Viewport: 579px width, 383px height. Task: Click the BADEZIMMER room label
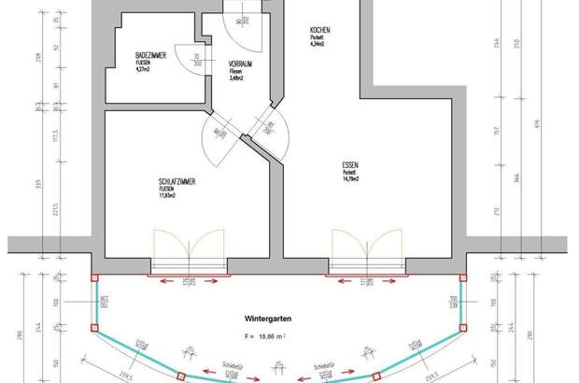[150, 57]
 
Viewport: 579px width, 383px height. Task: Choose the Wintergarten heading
[264, 319]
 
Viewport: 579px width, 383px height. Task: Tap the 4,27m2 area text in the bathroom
[144, 69]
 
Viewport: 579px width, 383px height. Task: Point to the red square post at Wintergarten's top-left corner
[93, 277]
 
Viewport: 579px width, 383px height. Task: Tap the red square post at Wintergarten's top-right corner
[459, 277]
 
